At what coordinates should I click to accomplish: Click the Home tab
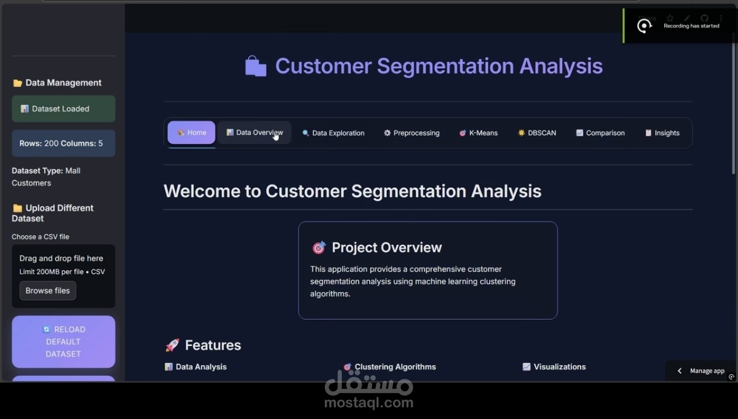pyautogui.click(x=191, y=132)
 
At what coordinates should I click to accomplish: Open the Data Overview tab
pyautogui.click(x=254, y=132)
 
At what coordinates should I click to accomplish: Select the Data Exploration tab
pyautogui.click(x=333, y=133)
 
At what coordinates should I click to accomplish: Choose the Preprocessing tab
pyautogui.click(x=411, y=133)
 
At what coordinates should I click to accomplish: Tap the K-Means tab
pyautogui.click(x=478, y=133)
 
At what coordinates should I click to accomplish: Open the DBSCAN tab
pyautogui.click(x=537, y=133)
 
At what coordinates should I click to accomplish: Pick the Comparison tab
pyautogui.click(x=600, y=133)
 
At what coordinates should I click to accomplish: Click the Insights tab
pyautogui.click(x=662, y=133)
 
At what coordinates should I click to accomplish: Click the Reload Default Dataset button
pyautogui.click(x=63, y=341)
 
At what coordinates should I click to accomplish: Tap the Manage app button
pyautogui.click(x=701, y=371)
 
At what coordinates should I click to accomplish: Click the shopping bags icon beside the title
pyautogui.click(x=256, y=66)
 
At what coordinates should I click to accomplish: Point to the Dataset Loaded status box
pyautogui.click(x=63, y=109)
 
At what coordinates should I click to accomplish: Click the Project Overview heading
pyautogui.click(x=386, y=247)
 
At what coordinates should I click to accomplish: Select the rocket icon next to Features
pyautogui.click(x=172, y=345)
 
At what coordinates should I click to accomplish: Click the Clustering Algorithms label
pyautogui.click(x=395, y=367)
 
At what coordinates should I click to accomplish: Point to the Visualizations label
pyautogui.click(x=559, y=367)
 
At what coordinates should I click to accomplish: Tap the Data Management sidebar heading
pyautogui.click(x=63, y=82)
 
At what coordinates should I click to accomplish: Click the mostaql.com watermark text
pyautogui.click(x=369, y=404)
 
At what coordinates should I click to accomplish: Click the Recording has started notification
pyautogui.click(x=691, y=26)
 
